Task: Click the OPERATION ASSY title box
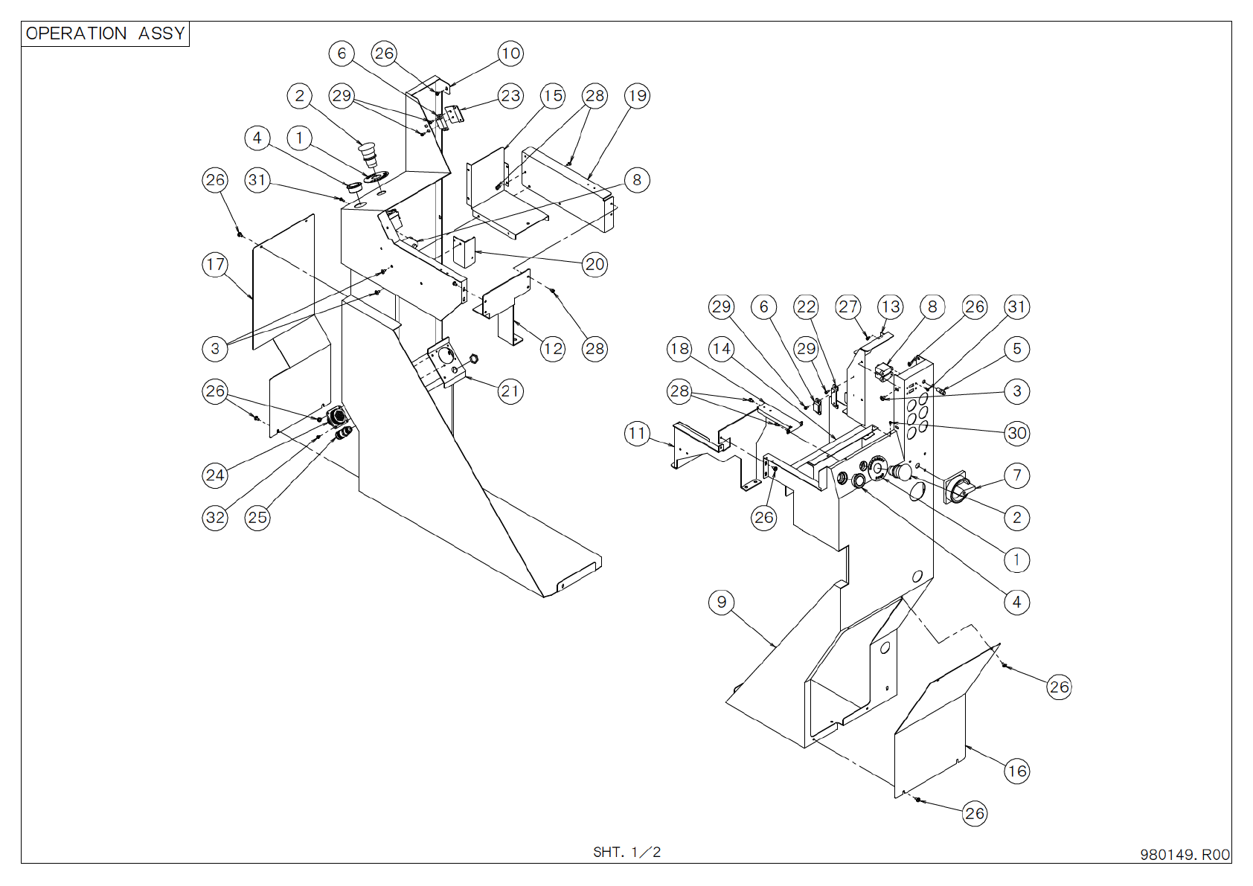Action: coord(105,33)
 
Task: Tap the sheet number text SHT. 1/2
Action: coord(626,852)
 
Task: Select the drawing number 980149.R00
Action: coord(1185,855)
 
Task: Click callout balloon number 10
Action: coord(510,53)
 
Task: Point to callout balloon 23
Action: coord(510,96)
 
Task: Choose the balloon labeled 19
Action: coord(637,96)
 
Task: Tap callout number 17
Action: coord(215,264)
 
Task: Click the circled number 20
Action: coord(595,264)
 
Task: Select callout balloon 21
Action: coord(510,391)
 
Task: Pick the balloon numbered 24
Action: coord(215,475)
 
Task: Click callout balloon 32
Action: coord(215,518)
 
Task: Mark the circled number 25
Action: coord(257,518)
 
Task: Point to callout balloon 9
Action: coord(722,602)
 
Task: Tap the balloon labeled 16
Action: coord(1017,771)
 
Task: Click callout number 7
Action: coord(1017,475)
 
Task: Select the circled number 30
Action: coord(1017,433)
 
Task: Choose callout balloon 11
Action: coord(637,433)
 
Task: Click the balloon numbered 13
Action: coord(891,306)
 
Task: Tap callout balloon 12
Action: coord(553,348)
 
